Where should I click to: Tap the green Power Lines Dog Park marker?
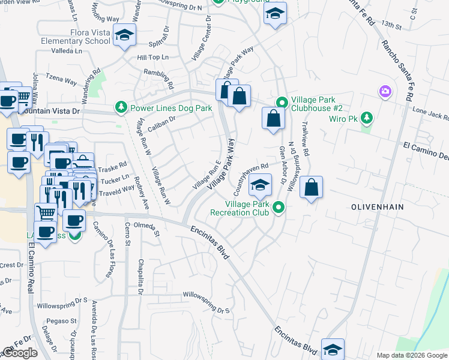[121, 108]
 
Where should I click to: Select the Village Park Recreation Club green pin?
[279, 208]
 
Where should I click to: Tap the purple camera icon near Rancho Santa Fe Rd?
[385, 91]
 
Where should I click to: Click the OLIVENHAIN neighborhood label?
[378, 206]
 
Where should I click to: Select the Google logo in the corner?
[20, 353]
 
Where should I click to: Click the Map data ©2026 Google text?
[411, 355]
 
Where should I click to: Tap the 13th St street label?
[390, 26]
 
